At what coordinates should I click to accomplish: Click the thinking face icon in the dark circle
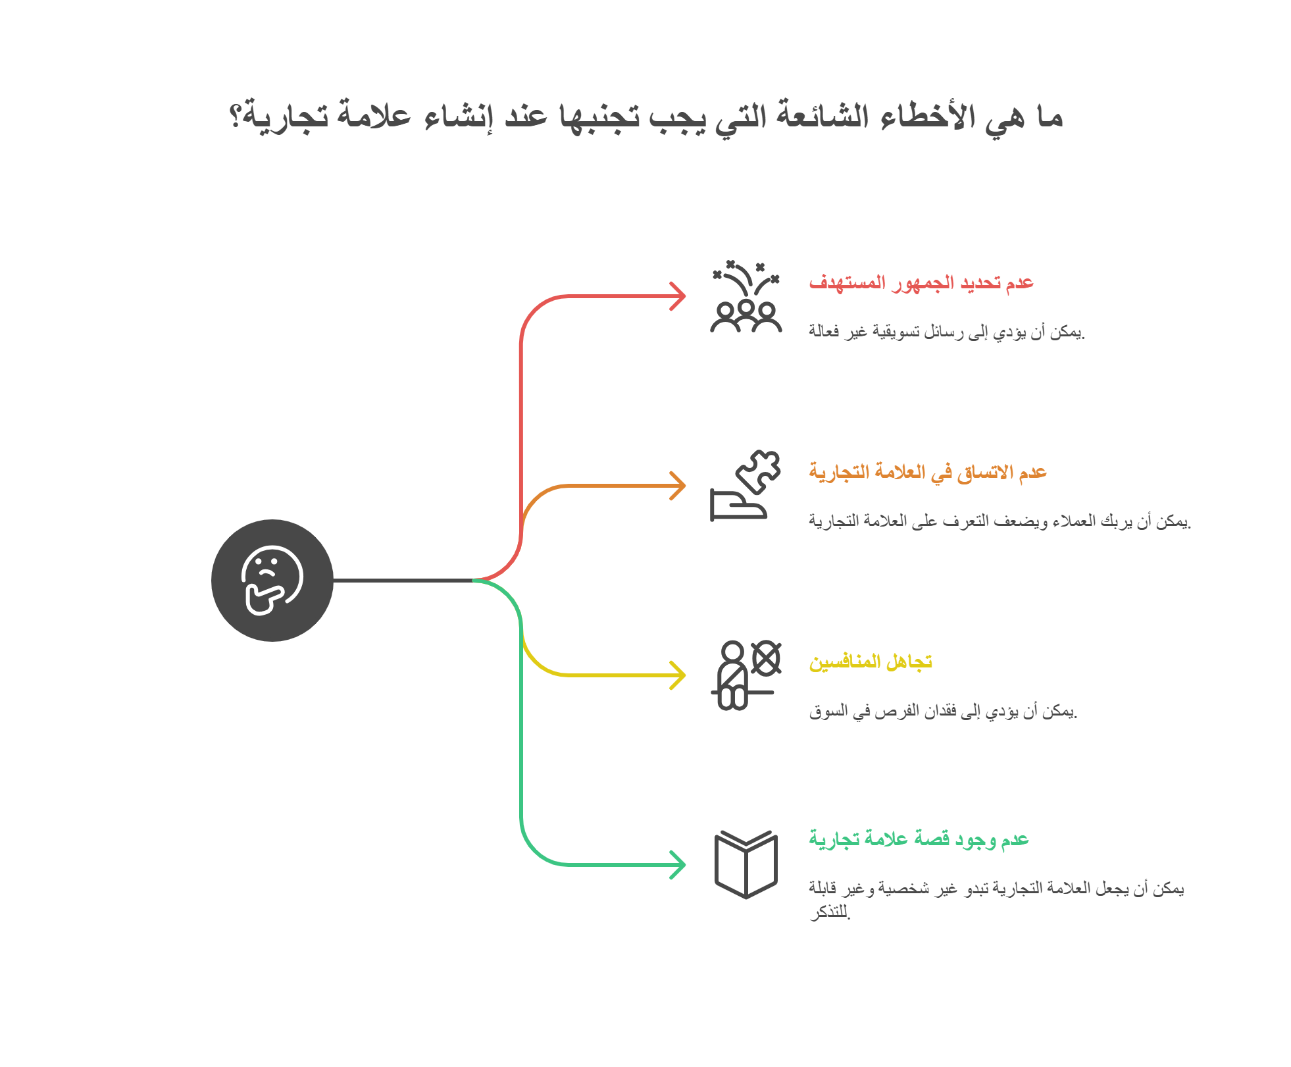[272, 581]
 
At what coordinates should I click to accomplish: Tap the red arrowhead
[678, 296]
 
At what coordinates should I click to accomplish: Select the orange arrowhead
[678, 486]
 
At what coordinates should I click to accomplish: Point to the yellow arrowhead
[678, 675]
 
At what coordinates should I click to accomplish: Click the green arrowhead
[678, 865]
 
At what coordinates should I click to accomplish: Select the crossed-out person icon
[746, 675]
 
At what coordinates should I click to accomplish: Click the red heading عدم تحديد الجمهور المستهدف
[921, 283]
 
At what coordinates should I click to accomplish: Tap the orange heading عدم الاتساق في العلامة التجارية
[928, 473]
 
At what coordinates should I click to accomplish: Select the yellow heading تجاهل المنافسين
[871, 662]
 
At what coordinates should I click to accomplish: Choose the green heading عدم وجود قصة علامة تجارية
[919, 839]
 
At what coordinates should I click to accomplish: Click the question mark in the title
[235, 117]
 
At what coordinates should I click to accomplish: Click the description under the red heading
[947, 331]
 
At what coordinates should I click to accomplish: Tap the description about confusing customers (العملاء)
[1000, 521]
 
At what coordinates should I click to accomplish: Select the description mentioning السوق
[944, 711]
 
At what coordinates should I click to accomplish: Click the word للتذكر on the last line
[830, 912]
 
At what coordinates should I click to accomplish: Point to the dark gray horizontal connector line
[403, 581]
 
